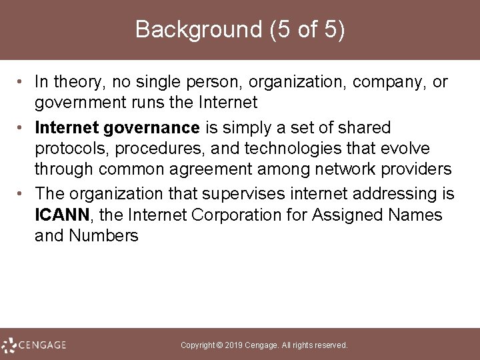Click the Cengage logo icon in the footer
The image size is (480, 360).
[x=9, y=345]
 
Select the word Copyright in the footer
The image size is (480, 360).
[x=199, y=345]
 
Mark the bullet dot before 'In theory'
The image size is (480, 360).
[x=22, y=83]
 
